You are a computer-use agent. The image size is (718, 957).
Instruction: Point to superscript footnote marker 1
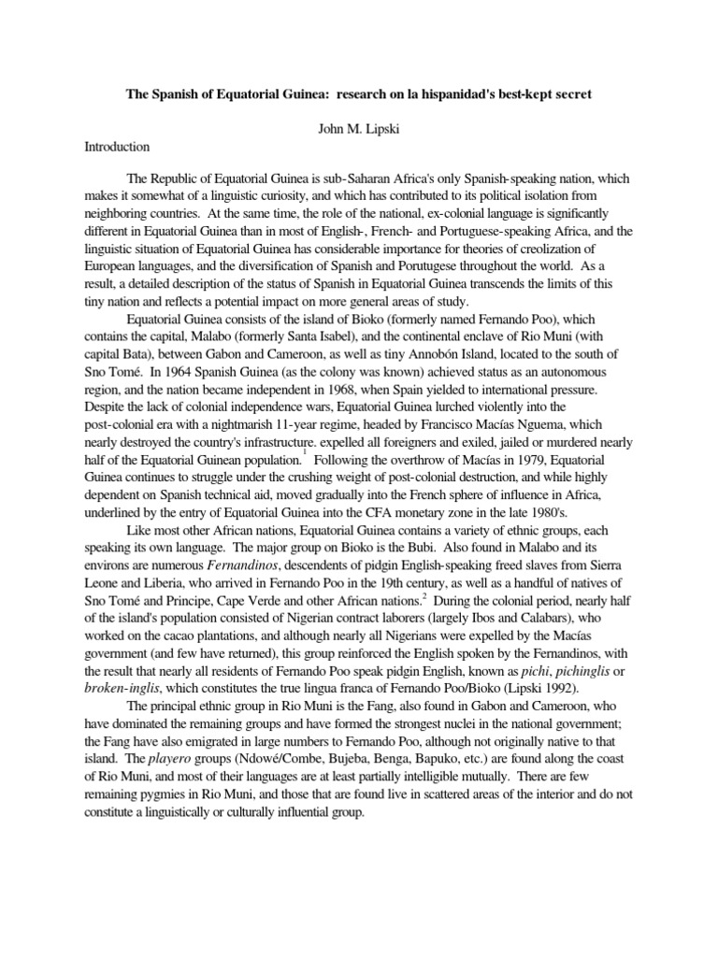[x=304, y=449]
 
